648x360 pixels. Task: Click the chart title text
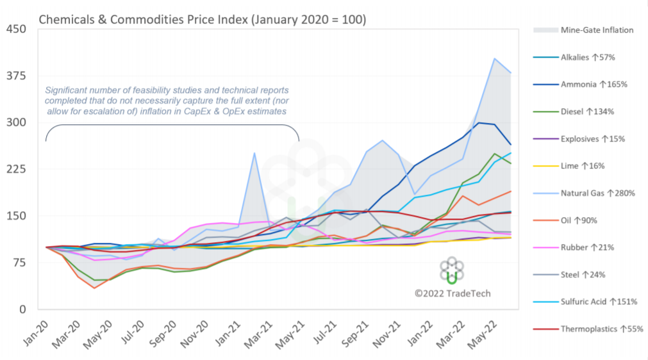203,19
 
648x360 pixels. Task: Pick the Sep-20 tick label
163,336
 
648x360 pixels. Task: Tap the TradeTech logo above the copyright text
452,271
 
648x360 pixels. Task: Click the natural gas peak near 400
494,59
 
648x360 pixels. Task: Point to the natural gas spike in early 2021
254,153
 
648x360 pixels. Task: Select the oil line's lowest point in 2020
94,288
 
